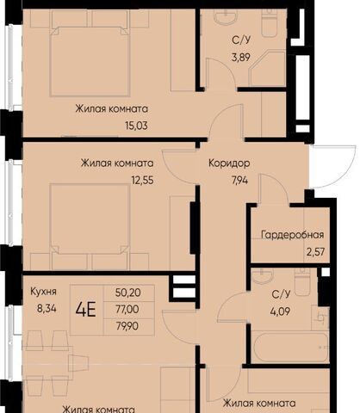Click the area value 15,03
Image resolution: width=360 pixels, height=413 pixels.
(x=136, y=126)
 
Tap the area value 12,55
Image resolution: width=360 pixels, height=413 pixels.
(x=142, y=181)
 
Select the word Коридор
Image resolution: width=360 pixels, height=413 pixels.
(x=229, y=163)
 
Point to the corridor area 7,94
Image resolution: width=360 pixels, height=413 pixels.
(x=239, y=181)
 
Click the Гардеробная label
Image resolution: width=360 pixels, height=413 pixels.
(x=293, y=235)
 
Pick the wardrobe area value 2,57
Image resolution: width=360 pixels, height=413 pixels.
(x=316, y=252)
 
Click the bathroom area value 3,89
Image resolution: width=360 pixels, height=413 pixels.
(x=241, y=57)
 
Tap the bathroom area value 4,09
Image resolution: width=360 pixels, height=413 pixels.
(x=280, y=311)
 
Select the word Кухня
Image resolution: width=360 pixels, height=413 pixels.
(x=43, y=292)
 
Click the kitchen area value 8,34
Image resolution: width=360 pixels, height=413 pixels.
(x=47, y=309)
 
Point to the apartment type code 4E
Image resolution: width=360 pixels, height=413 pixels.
(x=85, y=310)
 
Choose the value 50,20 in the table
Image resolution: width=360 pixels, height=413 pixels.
(x=128, y=293)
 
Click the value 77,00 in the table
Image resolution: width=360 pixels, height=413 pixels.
(x=127, y=309)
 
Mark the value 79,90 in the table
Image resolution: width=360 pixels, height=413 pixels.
(x=127, y=326)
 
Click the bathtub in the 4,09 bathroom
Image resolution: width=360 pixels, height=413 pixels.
(x=289, y=347)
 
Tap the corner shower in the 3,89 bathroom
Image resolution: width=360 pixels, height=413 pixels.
(x=268, y=68)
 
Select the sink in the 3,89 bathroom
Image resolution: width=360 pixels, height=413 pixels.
(x=226, y=15)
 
